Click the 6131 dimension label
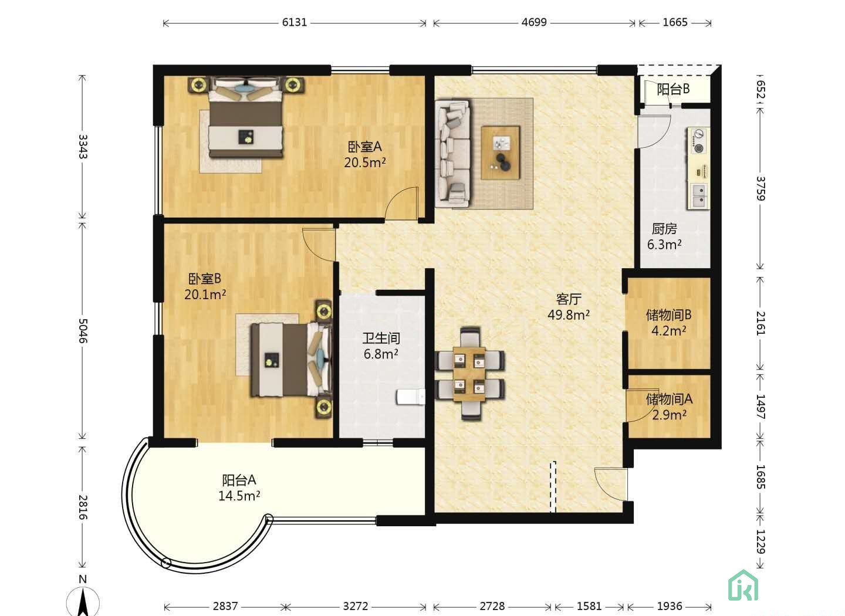[295, 22]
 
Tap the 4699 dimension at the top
[534, 22]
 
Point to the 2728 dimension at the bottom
[492, 606]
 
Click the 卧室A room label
[364, 147]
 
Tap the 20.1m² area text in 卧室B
[205, 295]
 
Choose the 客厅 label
[569, 299]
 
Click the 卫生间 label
[381, 339]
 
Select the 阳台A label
[239, 480]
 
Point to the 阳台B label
[674, 89]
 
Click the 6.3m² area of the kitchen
[664, 245]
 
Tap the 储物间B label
[668, 314]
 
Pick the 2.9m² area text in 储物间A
[669, 415]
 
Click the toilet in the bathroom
[410, 397]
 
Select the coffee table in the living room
[500, 153]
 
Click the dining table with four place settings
[469, 374]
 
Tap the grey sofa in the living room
[452, 154]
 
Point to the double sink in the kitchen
[698, 196]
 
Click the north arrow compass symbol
[83, 602]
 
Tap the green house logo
[743, 585]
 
